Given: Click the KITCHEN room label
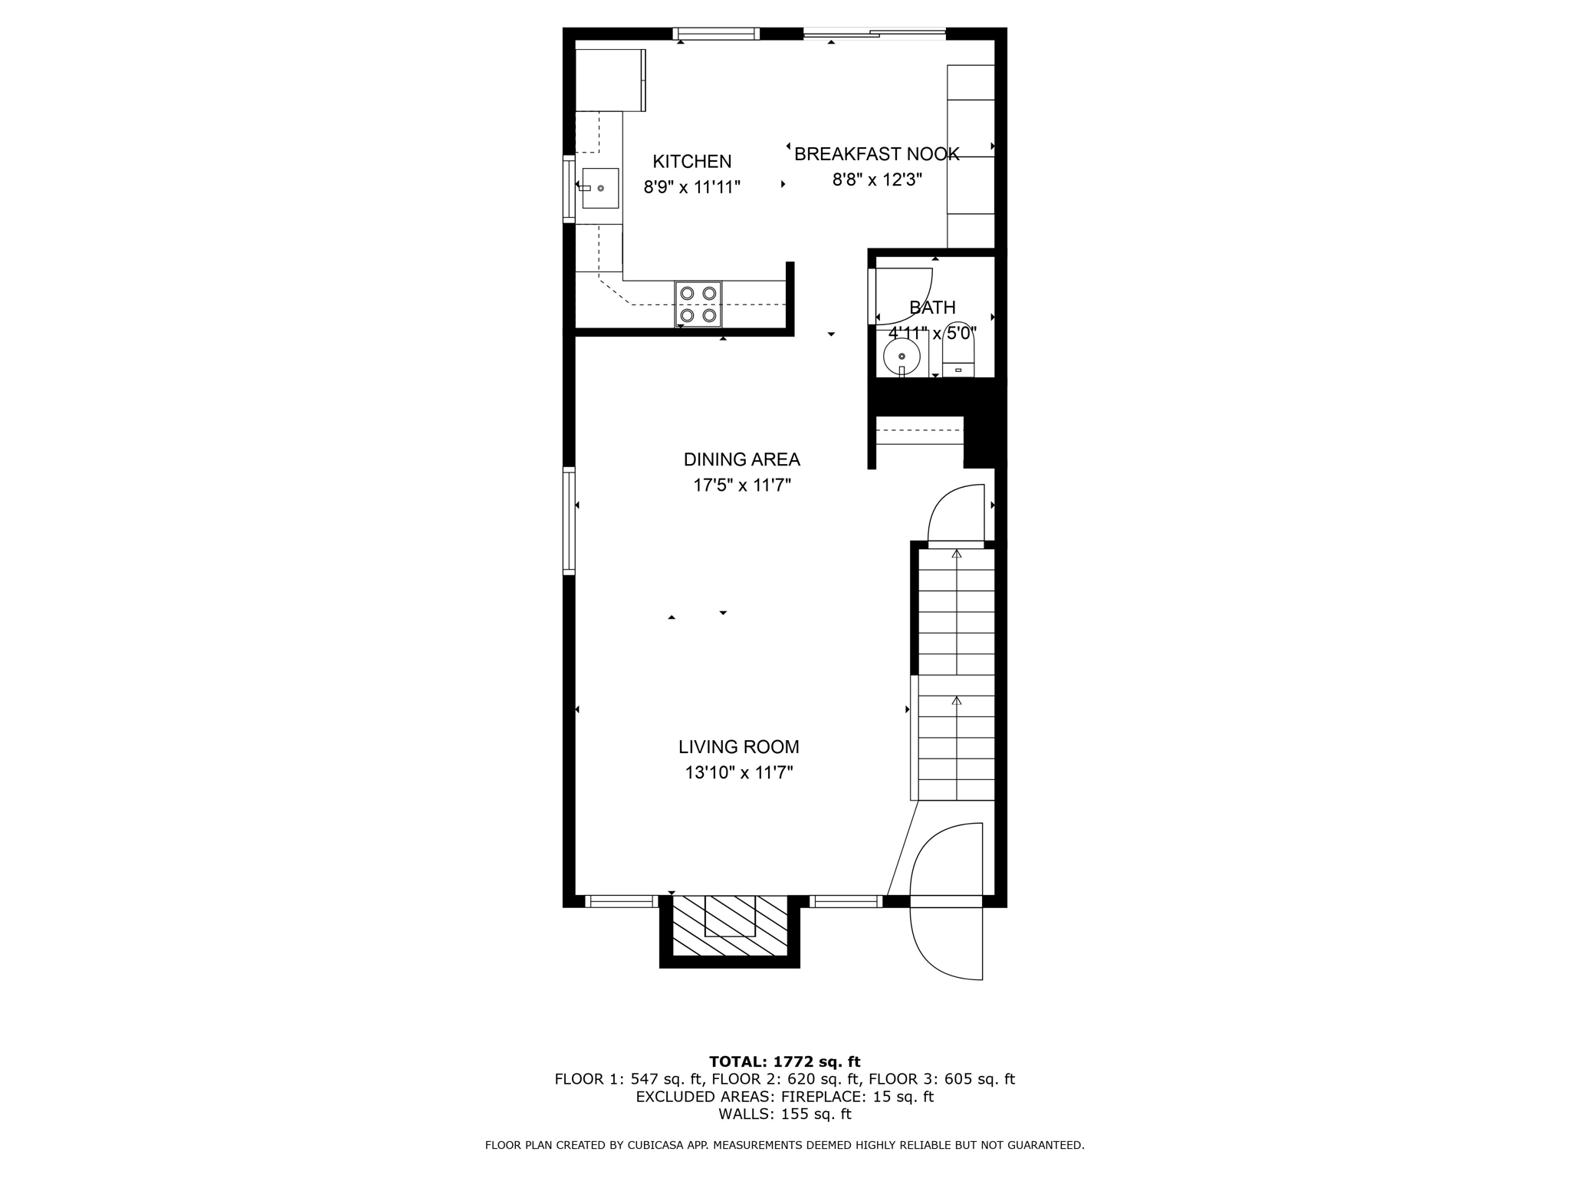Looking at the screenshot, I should point(691,162).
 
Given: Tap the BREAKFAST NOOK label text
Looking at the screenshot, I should point(876,154).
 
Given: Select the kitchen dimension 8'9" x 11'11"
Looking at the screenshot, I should point(691,187).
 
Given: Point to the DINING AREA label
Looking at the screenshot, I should point(741,459).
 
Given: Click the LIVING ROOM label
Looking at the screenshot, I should point(738,747).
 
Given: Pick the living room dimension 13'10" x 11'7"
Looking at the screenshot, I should point(738,772).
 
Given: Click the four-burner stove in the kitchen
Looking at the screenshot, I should point(698,304).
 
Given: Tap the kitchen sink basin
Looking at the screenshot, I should point(599,189).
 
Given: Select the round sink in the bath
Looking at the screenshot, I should point(902,356).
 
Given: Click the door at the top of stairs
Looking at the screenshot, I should point(955,515).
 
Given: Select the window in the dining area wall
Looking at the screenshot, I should point(569,521).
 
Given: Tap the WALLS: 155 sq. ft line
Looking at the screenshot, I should point(784,1114).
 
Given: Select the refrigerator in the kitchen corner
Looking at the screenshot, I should point(610,80).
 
